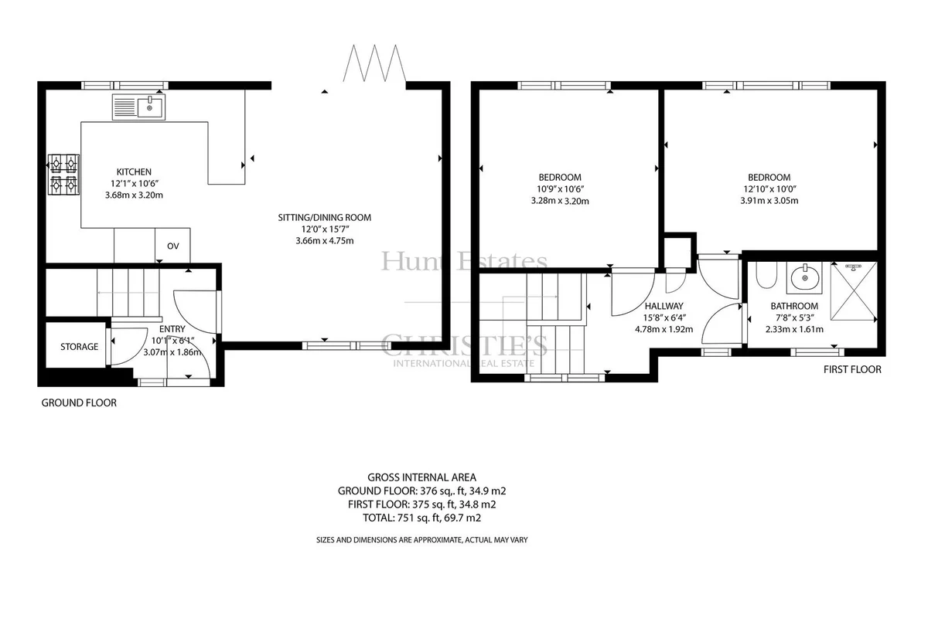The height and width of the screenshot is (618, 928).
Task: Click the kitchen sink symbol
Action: pos(138,107)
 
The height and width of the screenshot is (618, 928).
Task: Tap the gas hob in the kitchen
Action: pos(63,175)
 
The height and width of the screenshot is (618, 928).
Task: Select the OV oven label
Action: pos(173,246)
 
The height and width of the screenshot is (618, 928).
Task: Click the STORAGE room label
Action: pos(79,346)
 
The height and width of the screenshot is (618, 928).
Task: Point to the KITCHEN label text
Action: pos(134,171)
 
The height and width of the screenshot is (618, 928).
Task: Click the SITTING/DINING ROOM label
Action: pos(324,217)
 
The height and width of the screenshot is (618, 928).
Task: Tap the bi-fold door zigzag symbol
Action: pos(374,63)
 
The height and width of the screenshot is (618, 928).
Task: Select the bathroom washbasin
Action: pos(804,277)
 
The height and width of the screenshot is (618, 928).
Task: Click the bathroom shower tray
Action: pos(854,291)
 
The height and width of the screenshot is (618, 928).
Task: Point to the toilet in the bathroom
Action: pos(766,274)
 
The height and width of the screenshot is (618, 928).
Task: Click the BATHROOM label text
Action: pos(794,306)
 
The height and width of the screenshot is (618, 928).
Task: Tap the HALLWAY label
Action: pos(664,306)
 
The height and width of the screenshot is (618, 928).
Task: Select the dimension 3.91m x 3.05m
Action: pos(769,201)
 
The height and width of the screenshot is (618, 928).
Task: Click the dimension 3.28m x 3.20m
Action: pos(560,201)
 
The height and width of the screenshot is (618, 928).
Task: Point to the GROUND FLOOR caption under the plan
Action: pos(79,402)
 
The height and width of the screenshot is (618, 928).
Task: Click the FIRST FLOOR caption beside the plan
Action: pos(852,369)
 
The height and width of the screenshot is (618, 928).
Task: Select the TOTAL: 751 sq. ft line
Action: pos(421,518)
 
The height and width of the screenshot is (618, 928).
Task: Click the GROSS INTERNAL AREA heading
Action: pos(421,477)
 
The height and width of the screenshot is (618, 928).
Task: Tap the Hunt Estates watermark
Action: pos(464,261)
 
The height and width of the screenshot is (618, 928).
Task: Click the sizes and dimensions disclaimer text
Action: pos(421,540)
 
